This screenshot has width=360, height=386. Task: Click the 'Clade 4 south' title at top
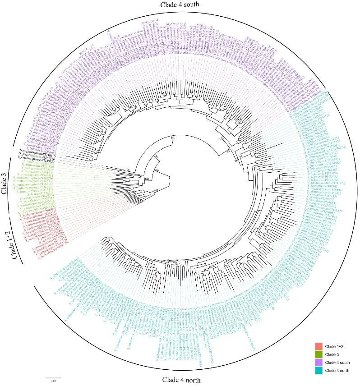180,5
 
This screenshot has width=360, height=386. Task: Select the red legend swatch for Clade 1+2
318,346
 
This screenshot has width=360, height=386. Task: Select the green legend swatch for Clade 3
318,354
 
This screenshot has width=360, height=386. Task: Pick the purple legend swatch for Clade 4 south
318,362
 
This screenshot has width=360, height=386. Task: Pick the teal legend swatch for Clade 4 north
318,370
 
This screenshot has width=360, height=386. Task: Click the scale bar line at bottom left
53,377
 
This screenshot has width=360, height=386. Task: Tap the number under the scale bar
53,381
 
